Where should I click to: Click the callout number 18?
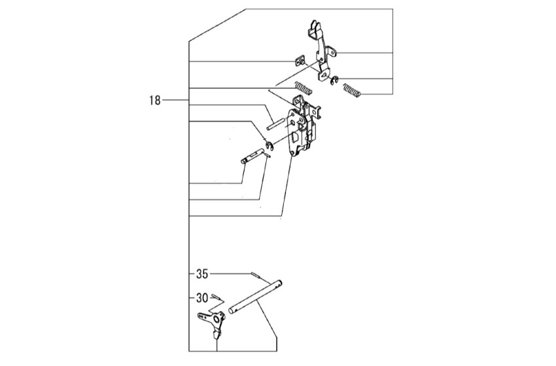(x=155, y=101)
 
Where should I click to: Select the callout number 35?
(x=202, y=274)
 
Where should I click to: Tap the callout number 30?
(x=202, y=298)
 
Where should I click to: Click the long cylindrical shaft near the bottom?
(x=256, y=296)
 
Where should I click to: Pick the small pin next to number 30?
(x=215, y=297)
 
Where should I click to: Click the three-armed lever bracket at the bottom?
(x=212, y=322)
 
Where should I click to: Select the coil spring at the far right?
(x=352, y=90)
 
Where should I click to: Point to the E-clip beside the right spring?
(x=334, y=80)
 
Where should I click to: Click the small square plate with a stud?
(x=300, y=61)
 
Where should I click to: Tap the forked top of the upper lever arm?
(x=315, y=29)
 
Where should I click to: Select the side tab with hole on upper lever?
(x=331, y=51)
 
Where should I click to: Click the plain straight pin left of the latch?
(x=275, y=124)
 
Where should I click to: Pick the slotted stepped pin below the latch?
(x=251, y=157)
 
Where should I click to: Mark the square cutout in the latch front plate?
(x=295, y=137)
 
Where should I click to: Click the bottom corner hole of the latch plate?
(x=292, y=152)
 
